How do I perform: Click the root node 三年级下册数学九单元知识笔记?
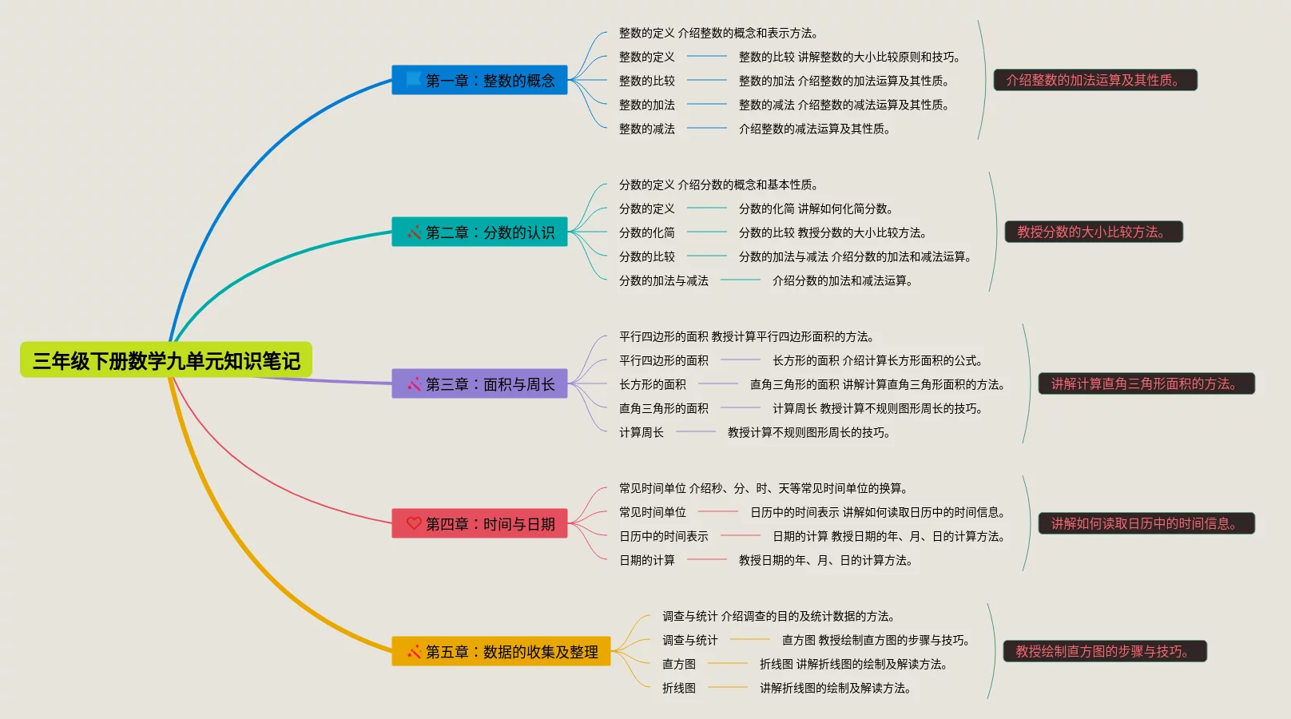166,360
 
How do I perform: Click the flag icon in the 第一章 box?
414,79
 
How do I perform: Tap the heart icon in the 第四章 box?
414,523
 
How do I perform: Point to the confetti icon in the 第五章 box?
414,651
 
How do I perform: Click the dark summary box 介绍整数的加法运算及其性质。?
1094,80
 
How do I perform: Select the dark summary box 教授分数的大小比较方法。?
1093,232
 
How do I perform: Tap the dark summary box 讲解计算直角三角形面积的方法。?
1146,383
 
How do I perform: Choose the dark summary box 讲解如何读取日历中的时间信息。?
1146,523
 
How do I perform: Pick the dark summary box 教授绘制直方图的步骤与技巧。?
1104,651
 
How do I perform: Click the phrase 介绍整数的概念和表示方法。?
748,33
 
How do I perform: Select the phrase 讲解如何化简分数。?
845,209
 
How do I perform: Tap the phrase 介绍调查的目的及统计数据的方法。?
808,616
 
